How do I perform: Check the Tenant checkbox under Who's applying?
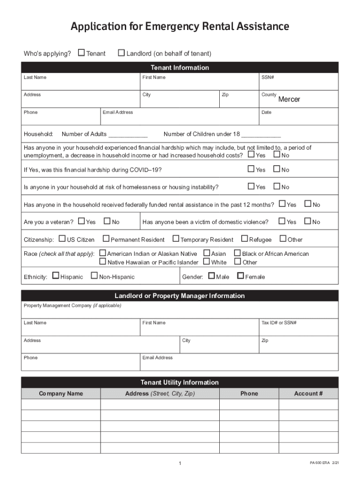81,53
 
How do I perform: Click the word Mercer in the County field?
289,99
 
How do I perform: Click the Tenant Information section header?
180,68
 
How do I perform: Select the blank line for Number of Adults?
128,135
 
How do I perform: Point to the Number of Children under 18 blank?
261,135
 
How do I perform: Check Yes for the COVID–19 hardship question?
251,169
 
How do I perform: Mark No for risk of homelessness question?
276,187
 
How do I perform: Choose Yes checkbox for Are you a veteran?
81,221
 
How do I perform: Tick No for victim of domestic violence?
308,221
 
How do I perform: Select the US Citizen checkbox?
62,239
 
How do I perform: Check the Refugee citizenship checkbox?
244,239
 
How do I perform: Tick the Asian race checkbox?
207,253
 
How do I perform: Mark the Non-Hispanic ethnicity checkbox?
94,276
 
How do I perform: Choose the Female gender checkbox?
240,276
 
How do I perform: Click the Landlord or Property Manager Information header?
180,296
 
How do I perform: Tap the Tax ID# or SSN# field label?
279,323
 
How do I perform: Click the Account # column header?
308,393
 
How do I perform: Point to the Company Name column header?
61,393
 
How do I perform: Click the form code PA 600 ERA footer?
320,463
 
